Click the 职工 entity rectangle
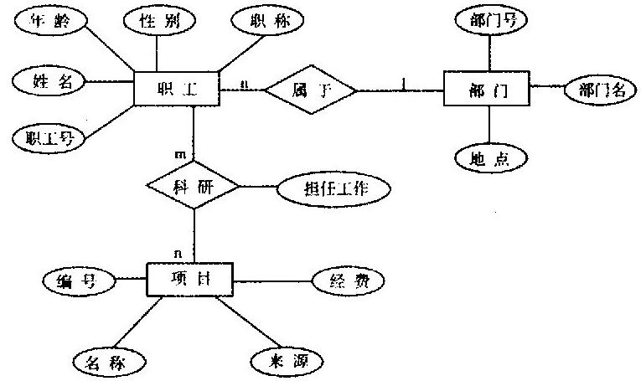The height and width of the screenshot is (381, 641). coord(176,88)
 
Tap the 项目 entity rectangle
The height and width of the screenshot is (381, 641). coord(190,279)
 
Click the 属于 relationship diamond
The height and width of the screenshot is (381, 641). coord(310,88)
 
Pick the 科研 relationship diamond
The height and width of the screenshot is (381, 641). coord(194,185)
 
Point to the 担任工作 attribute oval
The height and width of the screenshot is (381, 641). coord(334,188)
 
